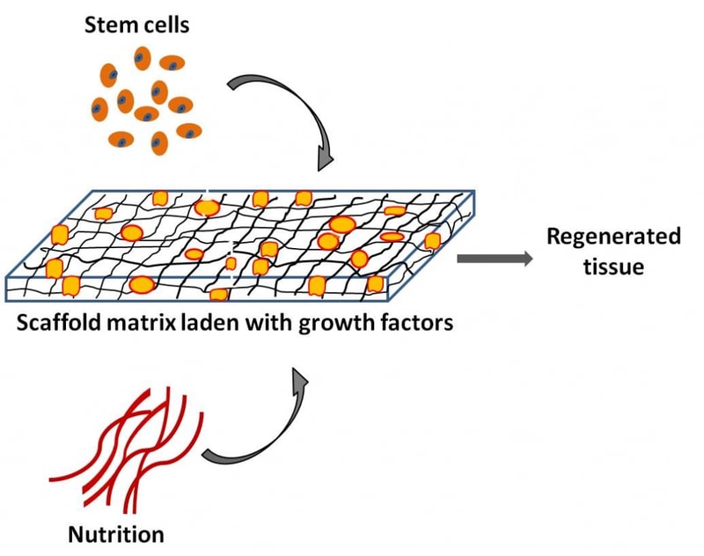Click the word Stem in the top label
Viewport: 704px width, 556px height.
coord(109,25)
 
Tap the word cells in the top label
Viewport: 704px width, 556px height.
coord(165,25)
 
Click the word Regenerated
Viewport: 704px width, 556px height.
coord(613,238)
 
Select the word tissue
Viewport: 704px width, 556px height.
coord(613,267)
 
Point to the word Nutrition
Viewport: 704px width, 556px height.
coord(116,535)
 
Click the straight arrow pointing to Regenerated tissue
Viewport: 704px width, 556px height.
coord(495,259)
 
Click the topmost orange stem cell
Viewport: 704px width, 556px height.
coord(143,58)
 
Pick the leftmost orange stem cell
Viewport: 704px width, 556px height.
coord(99,109)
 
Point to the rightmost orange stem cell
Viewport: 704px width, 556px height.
coord(189,131)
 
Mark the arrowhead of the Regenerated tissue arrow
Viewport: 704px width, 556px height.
coord(526,259)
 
